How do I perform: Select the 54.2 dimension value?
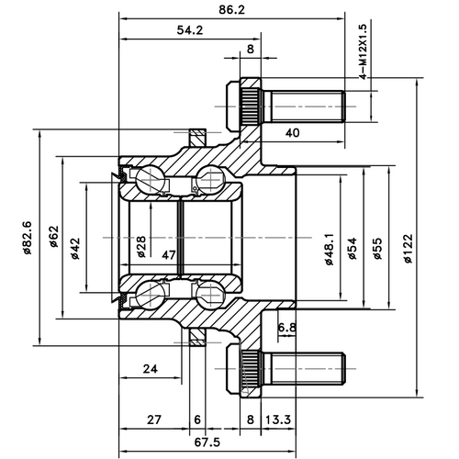pos(189,30)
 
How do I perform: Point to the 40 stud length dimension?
pos(293,132)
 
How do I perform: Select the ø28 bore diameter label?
pos(141,245)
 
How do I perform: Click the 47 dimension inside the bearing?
pos(169,255)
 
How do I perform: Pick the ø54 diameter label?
pos(353,244)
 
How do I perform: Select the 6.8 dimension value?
pos(285,326)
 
